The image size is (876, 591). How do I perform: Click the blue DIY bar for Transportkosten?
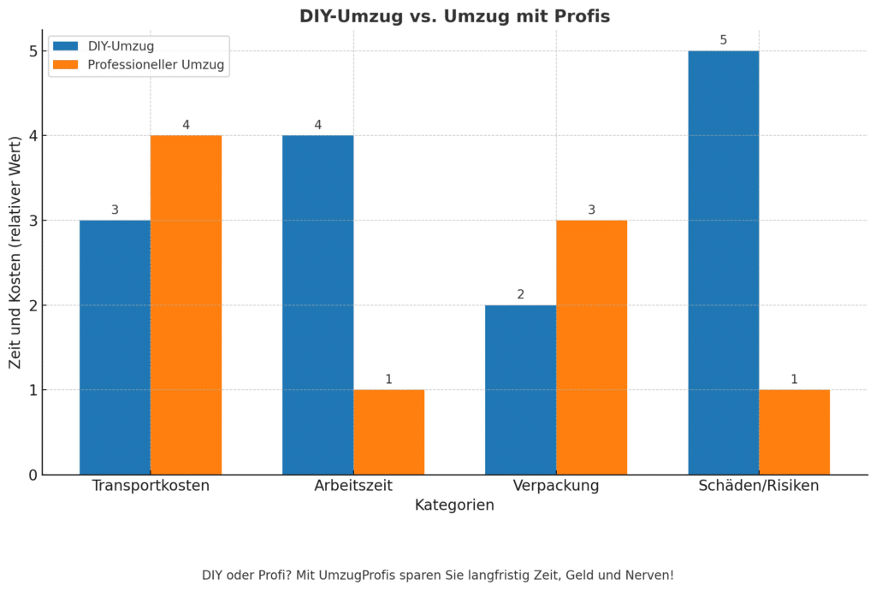click(115, 347)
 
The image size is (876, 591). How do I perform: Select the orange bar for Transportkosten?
click(186, 304)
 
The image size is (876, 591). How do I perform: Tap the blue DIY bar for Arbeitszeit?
click(317, 304)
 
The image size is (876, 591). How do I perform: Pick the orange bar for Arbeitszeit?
click(388, 432)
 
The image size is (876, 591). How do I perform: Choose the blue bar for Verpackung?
click(520, 389)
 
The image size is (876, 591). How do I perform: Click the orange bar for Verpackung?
click(591, 347)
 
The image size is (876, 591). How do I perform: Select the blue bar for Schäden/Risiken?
click(723, 263)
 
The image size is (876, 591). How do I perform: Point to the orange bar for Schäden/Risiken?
click(794, 432)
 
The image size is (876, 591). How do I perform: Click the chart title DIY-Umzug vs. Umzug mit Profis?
click(454, 16)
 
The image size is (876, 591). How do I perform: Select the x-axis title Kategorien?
click(454, 505)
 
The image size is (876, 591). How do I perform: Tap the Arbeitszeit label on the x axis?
click(352, 486)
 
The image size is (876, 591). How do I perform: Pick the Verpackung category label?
click(556, 486)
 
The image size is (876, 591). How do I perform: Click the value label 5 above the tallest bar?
click(723, 39)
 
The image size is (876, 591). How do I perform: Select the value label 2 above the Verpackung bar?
click(520, 294)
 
